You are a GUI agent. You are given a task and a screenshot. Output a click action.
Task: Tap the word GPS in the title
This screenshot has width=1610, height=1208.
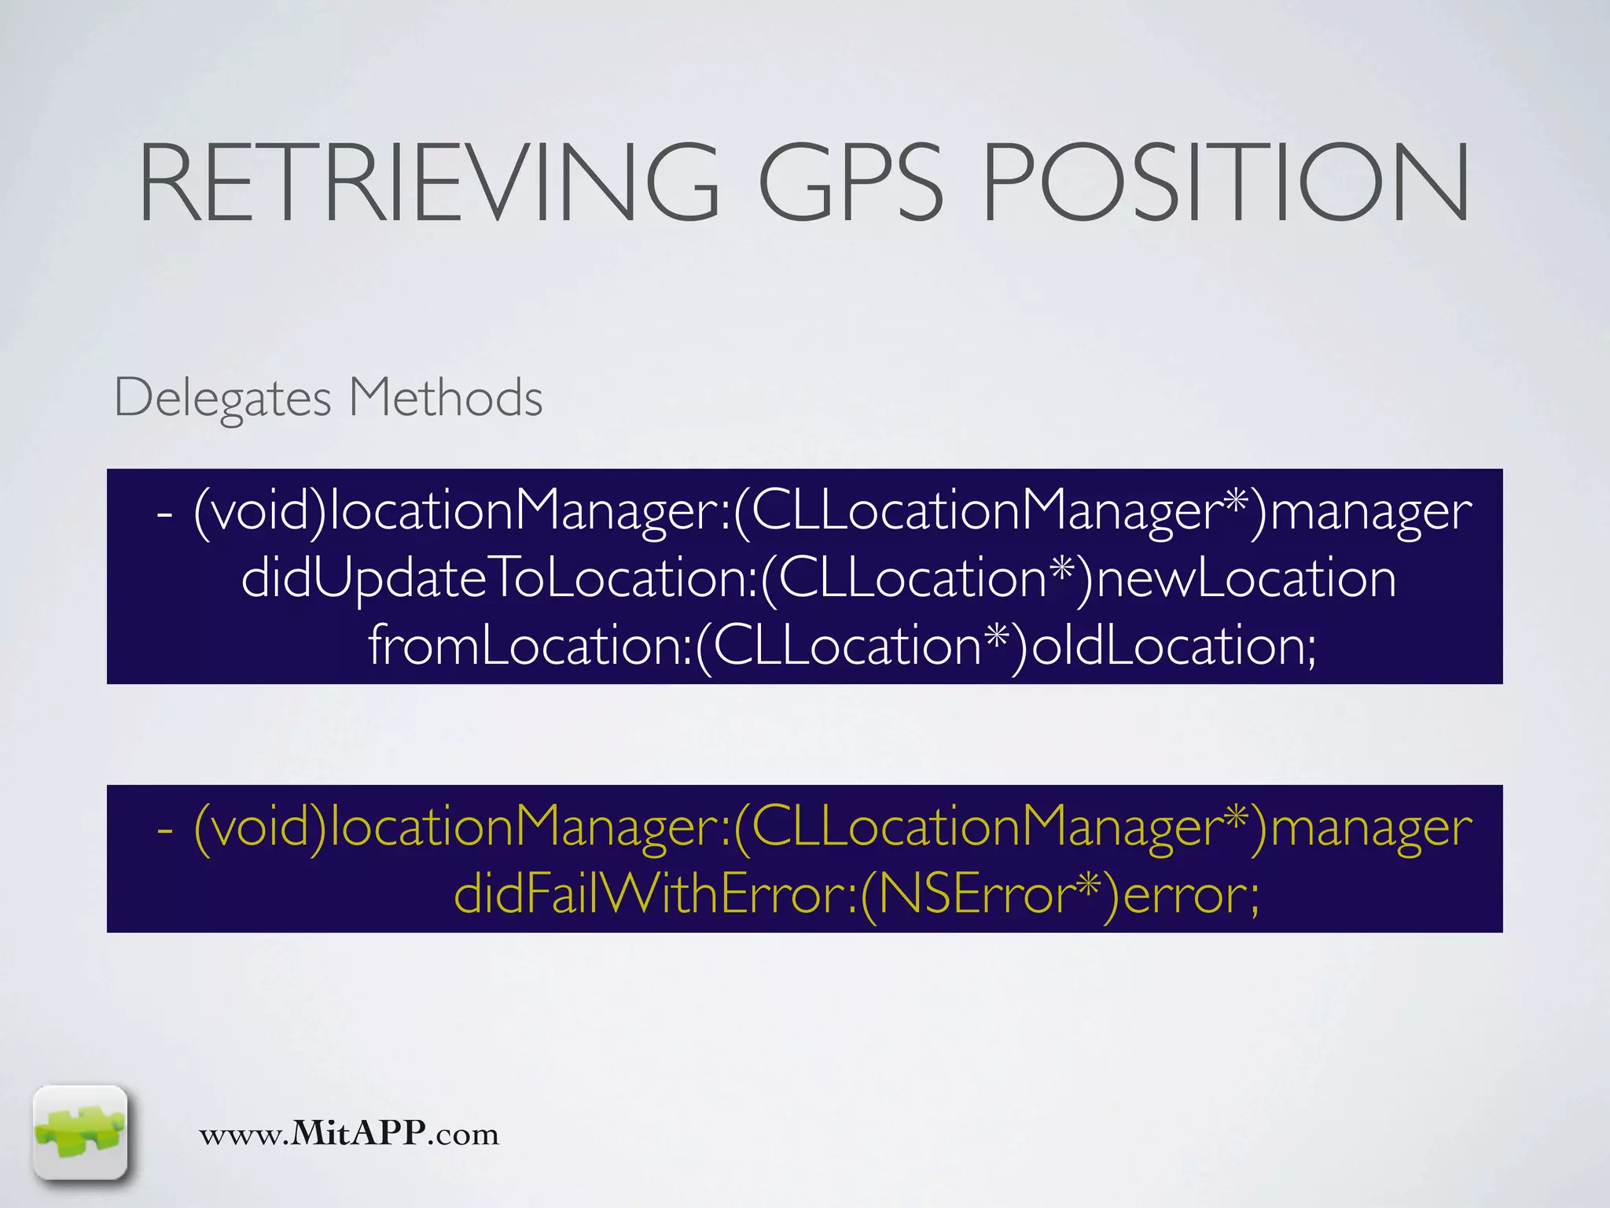[x=849, y=182]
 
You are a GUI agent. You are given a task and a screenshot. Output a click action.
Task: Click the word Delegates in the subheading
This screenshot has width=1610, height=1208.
[x=222, y=399]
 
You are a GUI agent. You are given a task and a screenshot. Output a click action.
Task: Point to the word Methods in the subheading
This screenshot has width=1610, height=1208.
[x=445, y=397]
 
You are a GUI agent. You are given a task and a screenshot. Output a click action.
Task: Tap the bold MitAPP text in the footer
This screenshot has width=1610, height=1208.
[x=358, y=1133]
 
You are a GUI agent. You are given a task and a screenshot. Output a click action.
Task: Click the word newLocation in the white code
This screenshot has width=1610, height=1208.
[x=1246, y=579]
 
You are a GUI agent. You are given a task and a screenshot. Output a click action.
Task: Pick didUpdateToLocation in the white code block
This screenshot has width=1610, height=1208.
[x=497, y=579]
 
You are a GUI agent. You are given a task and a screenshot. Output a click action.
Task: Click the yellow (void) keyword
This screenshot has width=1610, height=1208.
[x=259, y=828]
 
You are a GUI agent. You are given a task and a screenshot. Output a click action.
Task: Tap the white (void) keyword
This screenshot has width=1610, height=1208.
[x=259, y=512]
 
